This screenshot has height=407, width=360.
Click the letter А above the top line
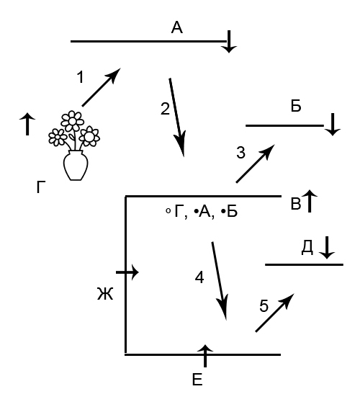(x=177, y=28)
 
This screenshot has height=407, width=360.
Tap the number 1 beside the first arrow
(x=81, y=77)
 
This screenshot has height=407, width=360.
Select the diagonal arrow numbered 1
(x=102, y=87)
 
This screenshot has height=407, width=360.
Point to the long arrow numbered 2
(x=177, y=117)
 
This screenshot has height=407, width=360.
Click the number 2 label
(x=165, y=109)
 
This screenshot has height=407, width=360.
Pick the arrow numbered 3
(x=255, y=164)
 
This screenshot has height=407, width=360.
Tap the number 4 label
(x=199, y=278)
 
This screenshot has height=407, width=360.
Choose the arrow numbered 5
(x=275, y=313)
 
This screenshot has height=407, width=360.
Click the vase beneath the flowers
(x=76, y=166)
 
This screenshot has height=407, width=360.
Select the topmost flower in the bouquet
(x=73, y=121)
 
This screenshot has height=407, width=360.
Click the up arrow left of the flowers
(x=27, y=124)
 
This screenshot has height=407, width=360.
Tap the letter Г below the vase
(x=41, y=187)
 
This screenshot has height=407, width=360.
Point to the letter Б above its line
(x=296, y=106)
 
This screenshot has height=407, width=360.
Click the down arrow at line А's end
(x=229, y=42)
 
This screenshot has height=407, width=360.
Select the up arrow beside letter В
(x=310, y=201)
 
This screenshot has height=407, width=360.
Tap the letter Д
(x=307, y=248)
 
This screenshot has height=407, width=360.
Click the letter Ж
(x=105, y=294)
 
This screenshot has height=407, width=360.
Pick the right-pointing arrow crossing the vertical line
(x=127, y=272)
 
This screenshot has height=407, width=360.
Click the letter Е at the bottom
(x=197, y=380)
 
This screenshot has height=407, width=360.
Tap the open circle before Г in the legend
(x=168, y=211)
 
